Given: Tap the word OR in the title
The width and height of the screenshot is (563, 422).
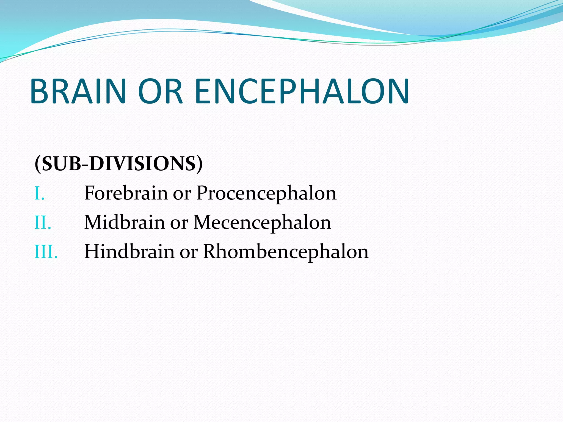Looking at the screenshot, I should click(160, 91).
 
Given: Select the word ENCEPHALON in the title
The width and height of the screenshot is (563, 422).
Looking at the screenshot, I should click(302, 91).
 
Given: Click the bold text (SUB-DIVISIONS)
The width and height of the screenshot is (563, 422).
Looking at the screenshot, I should click(118, 164).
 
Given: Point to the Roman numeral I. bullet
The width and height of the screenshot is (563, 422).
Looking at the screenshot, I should click(39, 193).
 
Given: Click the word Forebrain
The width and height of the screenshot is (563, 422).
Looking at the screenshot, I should click(126, 193).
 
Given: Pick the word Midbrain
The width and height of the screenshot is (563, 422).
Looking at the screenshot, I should click(124, 222).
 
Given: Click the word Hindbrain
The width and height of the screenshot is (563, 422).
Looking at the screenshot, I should click(129, 251).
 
